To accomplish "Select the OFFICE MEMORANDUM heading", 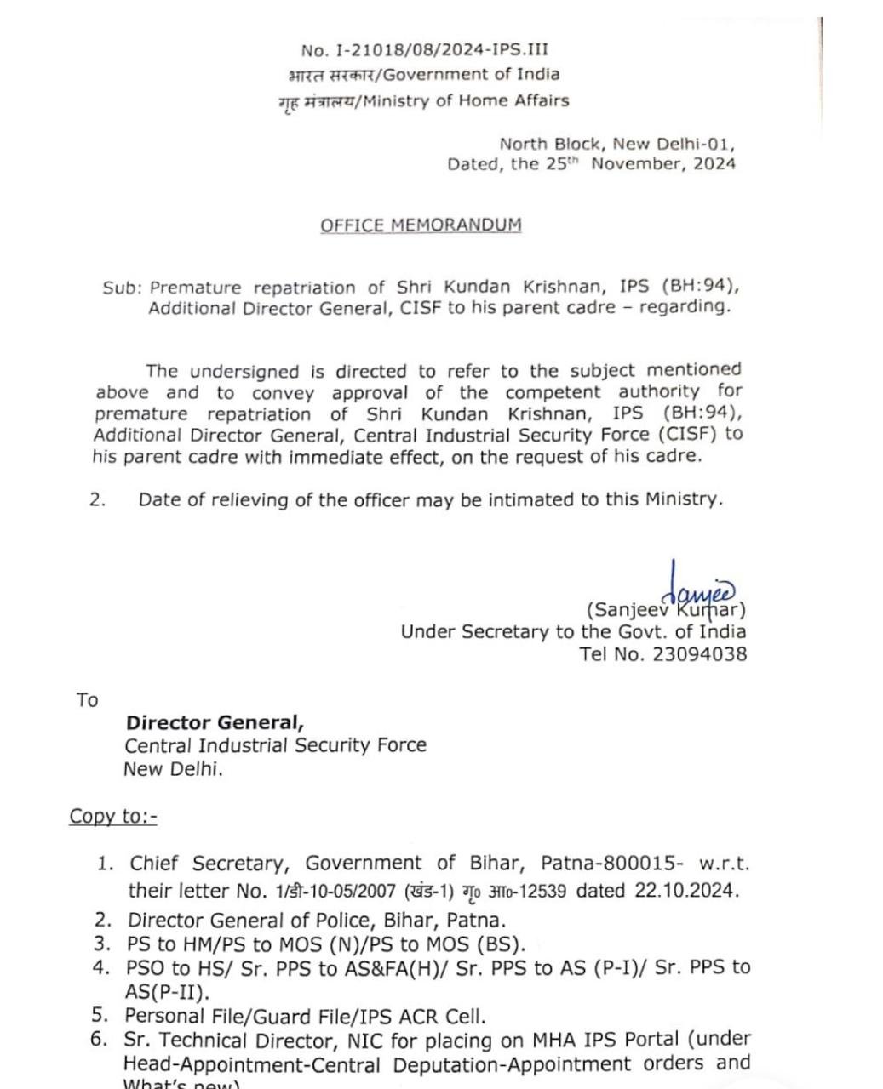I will point(421,225).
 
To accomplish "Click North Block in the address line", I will point(549,144).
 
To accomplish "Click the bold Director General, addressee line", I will point(215,723).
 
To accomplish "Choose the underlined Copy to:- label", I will point(113,816).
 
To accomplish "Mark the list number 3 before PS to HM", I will point(103,944).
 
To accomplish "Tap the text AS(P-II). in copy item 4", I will point(167,992).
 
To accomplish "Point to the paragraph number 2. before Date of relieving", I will point(98,500).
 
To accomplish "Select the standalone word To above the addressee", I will point(87,700).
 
